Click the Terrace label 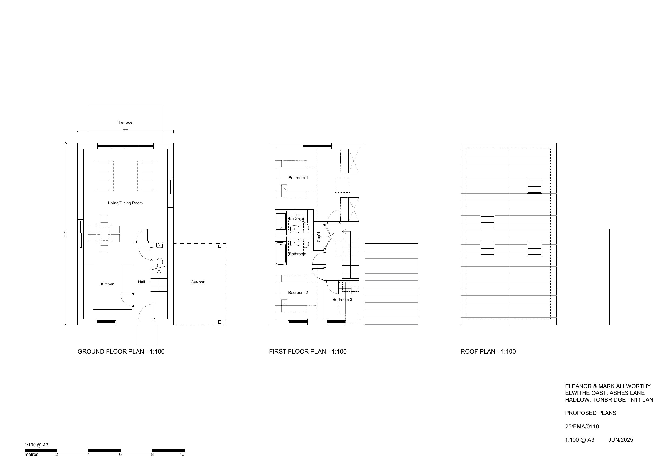pyautogui.click(x=125, y=122)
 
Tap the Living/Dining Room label pyautogui.click(x=125, y=203)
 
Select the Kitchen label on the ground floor pyautogui.click(x=108, y=284)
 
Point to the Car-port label pyautogui.click(x=198, y=282)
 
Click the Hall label pyautogui.click(x=141, y=282)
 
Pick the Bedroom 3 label pyautogui.click(x=342, y=299)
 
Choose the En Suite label pyautogui.click(x=296, y=218)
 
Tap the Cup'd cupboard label pyautogui.click(x=319, y=237)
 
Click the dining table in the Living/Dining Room pyautogui.click(x=104, y=234)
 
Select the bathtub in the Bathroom pyautogui.click(x=281, y=253)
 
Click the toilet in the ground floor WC pyautogui.click(x=160, y=262)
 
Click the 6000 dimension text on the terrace pyautogui.click(x=125, y=130)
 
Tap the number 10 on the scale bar pyautogui.click(x=182, y=455)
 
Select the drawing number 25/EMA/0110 pyautogui.click(x=582, y=426)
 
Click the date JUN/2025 pyautogui.click(x=620, y=439)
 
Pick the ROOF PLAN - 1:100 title pyautogui.click(x=488, y=351)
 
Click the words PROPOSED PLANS pyautogui.click(x=590, y=413)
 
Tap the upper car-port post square pyautogui.click(x=220, y=246)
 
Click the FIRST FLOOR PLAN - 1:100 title pyautogui.click(x=307, y=351)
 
